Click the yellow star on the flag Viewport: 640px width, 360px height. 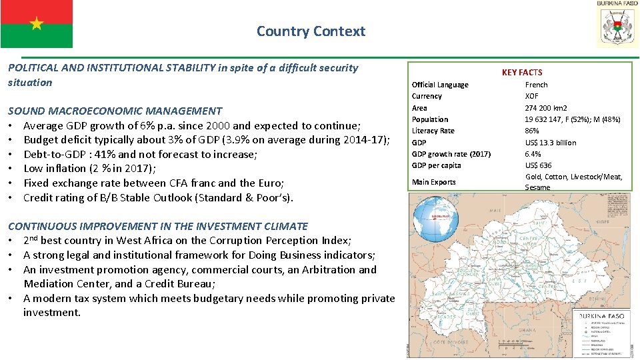coord(36,24)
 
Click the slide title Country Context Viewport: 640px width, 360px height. coord(311,31)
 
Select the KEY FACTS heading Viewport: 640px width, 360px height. coord(522,72)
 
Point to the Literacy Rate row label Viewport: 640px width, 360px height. coord(433,131)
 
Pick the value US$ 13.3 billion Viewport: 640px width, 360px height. coord(551,143)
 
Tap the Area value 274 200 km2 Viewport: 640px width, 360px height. coord(546,108)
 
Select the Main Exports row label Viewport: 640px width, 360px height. coord(433,182)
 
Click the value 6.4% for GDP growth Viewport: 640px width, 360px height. coord(533,154)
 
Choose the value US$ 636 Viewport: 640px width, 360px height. coord(538,165)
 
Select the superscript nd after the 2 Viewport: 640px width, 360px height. coord(34,237)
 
